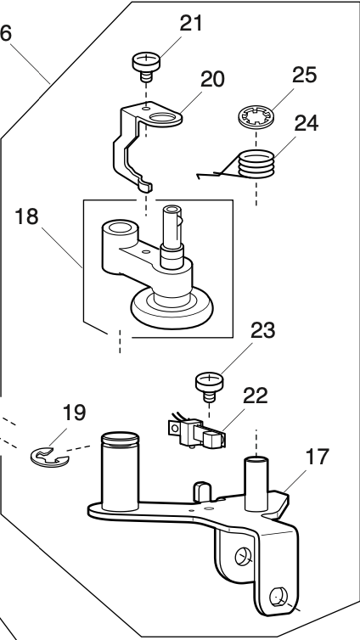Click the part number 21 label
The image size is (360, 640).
(x=193, y=24)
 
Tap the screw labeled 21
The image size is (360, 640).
(x=146, y=64)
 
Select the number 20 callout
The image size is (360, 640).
(x=212, y=80)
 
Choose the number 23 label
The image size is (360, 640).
(x=263, y=331)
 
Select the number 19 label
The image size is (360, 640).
(x=73, y=414)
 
